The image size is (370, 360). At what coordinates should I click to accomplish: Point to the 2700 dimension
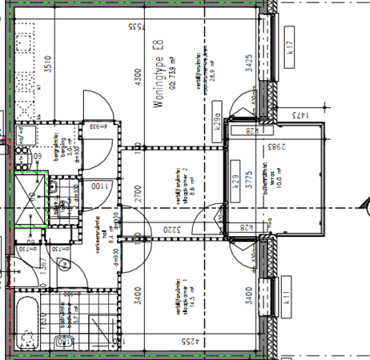(x=137, y=192)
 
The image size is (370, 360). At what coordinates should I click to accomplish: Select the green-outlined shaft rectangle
(x=30, y=200)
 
